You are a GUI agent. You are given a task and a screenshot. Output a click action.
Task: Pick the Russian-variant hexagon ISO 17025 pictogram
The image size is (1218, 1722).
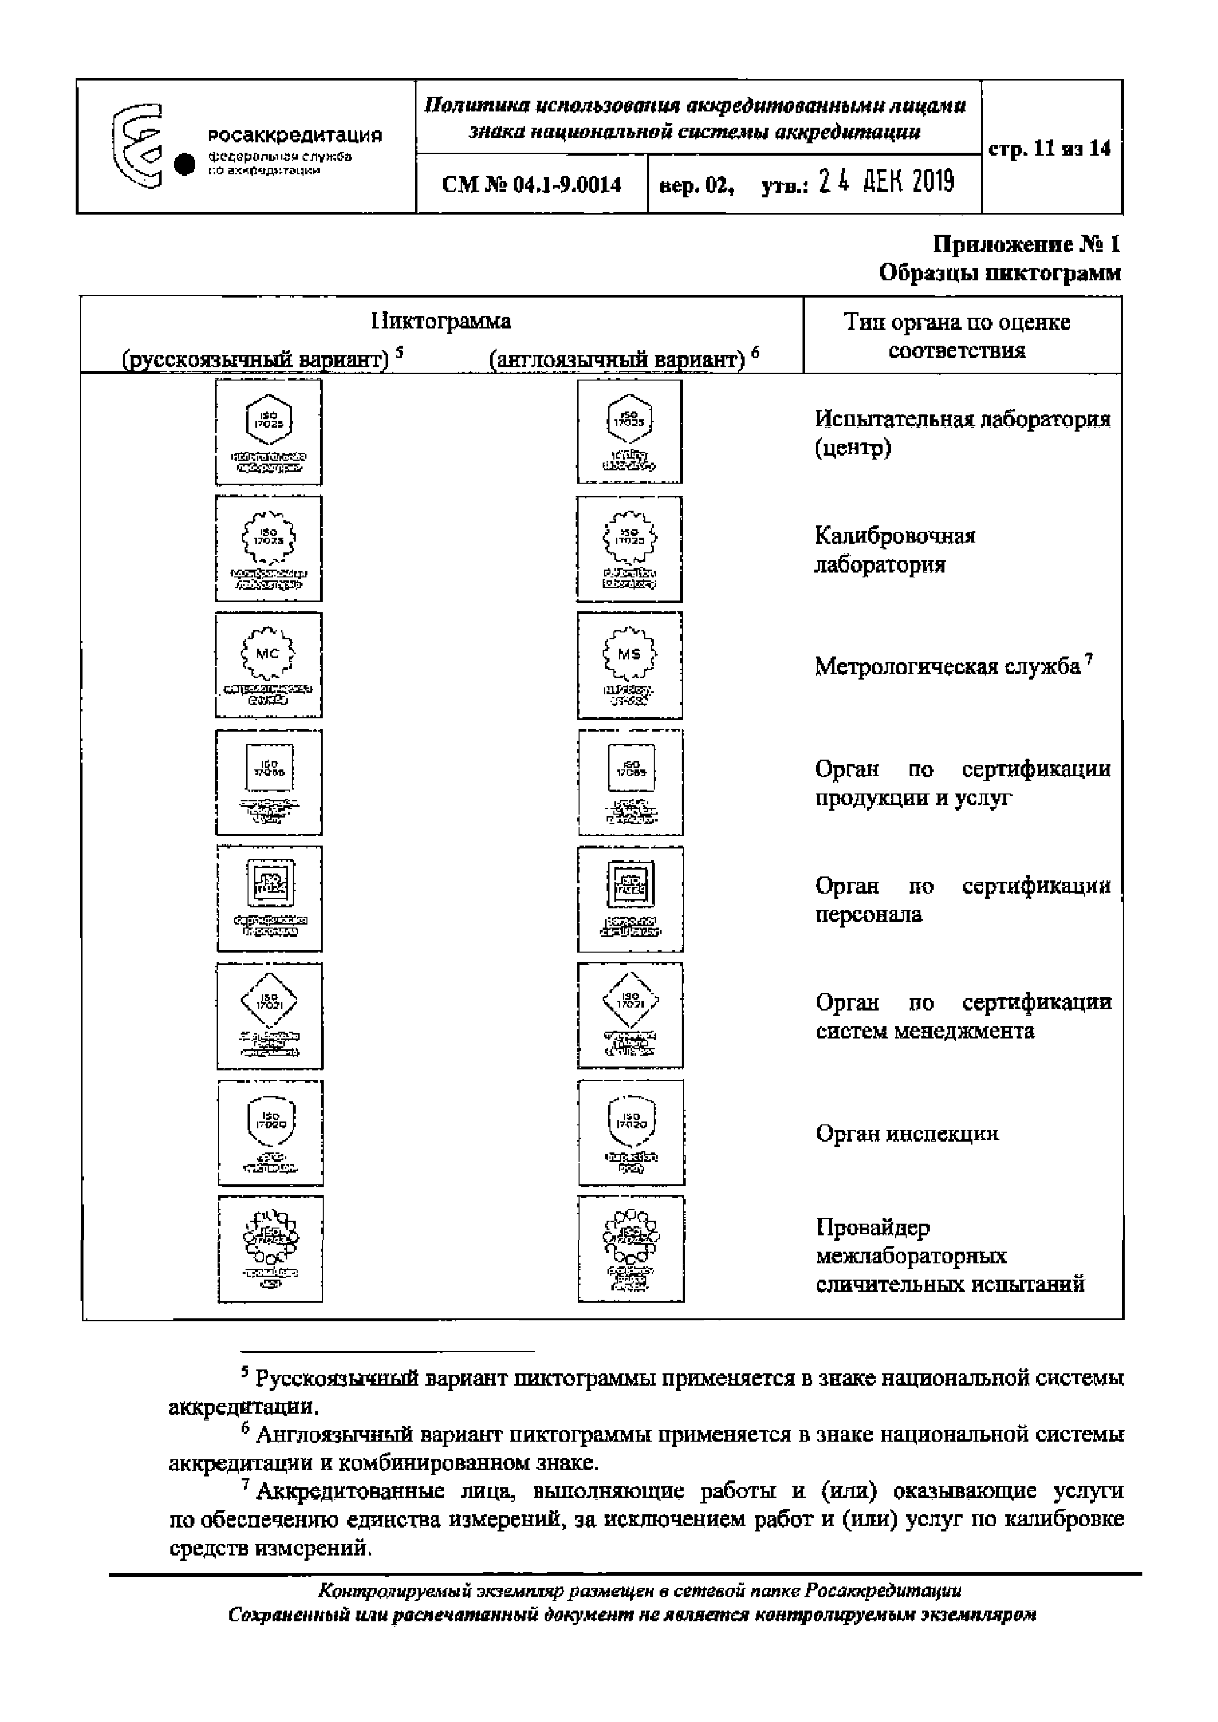click(269, 432)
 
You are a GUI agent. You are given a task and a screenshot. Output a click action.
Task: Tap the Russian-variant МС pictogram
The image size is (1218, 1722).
click(269, 665)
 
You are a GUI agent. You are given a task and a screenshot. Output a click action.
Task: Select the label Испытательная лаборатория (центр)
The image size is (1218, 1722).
click(962, 433)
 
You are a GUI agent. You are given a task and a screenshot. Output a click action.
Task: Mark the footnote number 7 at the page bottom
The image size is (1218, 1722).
click(245, 1484)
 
